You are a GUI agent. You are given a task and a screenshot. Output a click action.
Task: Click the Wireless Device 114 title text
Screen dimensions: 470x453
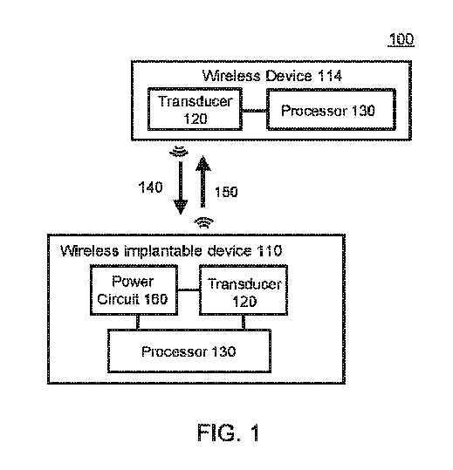[x=271, y=77]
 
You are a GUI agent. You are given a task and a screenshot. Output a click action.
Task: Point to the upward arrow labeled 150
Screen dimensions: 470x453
[x=203, y=183]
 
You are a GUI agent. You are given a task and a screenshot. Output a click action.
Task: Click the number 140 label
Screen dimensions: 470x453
[x=152, y=187]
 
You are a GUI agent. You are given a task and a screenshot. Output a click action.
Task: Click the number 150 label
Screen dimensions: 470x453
[x=225, y=192]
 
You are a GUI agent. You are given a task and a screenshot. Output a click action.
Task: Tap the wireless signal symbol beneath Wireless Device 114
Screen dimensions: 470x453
[x=180, y=151]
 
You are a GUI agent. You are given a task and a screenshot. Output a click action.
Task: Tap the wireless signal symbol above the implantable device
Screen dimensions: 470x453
[x=204, y=221]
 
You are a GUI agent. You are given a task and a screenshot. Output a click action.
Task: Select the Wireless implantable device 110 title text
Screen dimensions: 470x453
[x=171, y=251]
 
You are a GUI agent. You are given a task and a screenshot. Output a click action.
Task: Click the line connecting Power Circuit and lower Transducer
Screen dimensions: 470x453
[x=189, y=291]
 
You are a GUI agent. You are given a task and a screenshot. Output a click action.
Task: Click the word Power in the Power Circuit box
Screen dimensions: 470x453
[x=134, y=283]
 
